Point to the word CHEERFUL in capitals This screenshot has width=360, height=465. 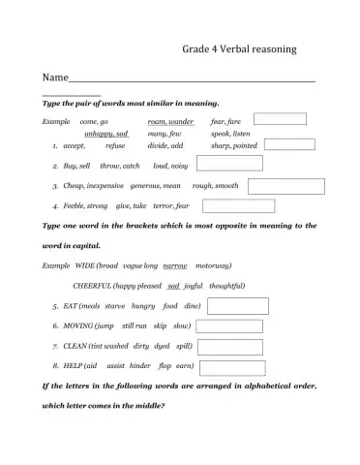[92, 286]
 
